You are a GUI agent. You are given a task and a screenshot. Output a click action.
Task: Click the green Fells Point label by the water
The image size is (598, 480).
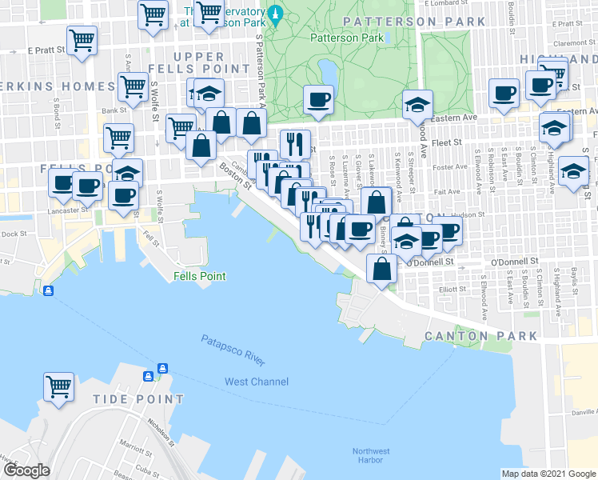[199, 276]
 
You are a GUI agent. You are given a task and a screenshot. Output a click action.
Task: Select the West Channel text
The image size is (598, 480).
[256, 382]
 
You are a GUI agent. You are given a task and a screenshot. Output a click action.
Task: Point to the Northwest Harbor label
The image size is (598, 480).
[372, 455]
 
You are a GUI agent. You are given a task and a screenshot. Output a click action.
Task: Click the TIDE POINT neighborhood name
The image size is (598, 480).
[138, 398]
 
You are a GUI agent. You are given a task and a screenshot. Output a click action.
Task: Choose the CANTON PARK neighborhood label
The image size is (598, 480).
[481, 336]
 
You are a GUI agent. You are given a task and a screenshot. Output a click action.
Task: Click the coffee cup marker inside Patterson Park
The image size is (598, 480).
[319, 100]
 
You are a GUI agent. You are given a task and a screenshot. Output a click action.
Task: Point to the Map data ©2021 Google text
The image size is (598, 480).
[548, 473]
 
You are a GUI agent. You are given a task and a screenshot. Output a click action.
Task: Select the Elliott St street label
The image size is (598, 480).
[452, 290]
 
